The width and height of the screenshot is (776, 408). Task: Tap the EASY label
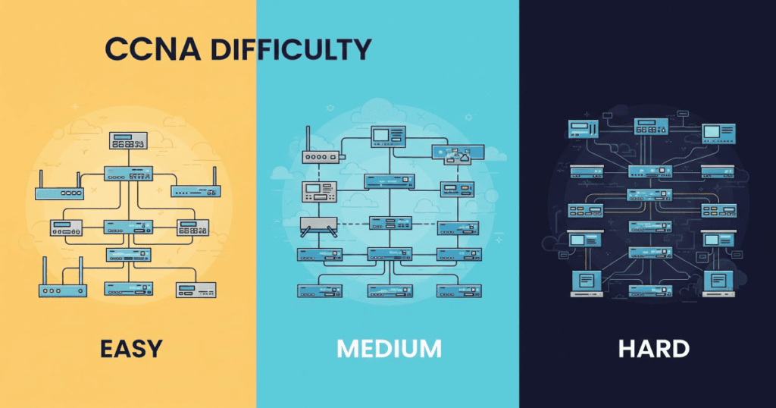(130, 349)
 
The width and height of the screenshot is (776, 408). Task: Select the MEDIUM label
(389, 349)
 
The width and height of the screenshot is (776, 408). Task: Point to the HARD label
(653, 349)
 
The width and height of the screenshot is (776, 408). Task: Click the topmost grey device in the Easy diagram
(128, 140)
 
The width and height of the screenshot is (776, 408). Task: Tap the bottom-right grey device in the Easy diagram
(197, 289)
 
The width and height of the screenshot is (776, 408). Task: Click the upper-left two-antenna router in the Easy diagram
(58, 191)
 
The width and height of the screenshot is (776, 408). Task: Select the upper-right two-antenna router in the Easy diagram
(196, 190)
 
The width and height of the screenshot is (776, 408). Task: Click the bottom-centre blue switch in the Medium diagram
(390, 290)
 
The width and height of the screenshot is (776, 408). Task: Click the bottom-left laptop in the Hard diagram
(586, 282)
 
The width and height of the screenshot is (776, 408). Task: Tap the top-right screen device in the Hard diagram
(717, 133)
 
